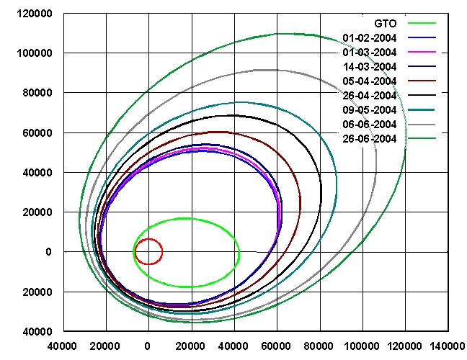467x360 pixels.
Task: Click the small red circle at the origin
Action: tap(148, 251)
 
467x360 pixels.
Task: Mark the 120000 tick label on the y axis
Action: tap(39, 14)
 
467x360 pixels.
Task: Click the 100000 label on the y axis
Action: tap(39, 53)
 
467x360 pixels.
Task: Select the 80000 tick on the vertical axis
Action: tap(42, 93)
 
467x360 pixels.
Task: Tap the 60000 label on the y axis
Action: tap(42, 132)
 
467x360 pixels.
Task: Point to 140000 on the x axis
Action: tap(447, 346)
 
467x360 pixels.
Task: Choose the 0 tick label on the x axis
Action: tap(148, 346)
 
